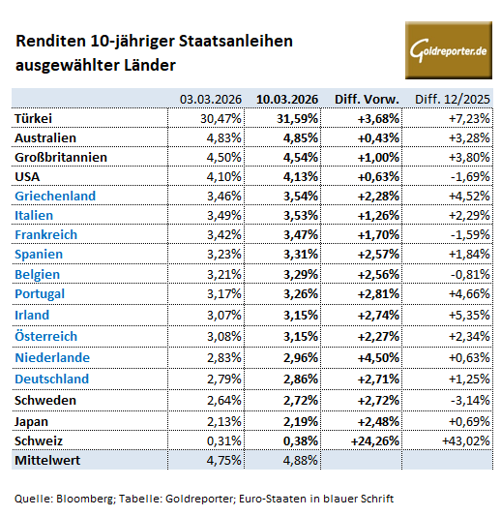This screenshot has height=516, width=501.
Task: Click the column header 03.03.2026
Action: (x=211, y=98)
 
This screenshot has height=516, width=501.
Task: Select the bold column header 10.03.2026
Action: (x=286, y=98)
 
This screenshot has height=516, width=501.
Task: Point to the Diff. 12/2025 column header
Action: (x=452, y=98)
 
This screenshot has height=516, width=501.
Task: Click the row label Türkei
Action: (x=35, y=117)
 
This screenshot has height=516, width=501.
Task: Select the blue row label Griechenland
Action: (x=55, y=196)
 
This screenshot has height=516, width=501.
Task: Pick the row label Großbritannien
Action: (x=61, y=157)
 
